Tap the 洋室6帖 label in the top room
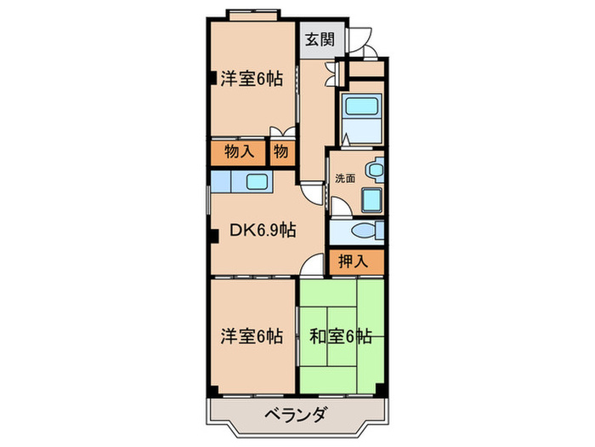click(x=252, y=79)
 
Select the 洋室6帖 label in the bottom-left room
click(x=252, y=337)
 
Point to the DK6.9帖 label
click(x=263, y=229)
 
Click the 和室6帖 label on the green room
click(x=340, y=337)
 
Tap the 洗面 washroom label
click(x=345, y=179)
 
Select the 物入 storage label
click(x=239, y=152)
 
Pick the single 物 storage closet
click(x=281, y=152)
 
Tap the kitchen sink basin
click(x=257, y=181)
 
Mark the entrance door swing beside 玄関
click(x=362, y=38)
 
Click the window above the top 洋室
click(x=252, y=14)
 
